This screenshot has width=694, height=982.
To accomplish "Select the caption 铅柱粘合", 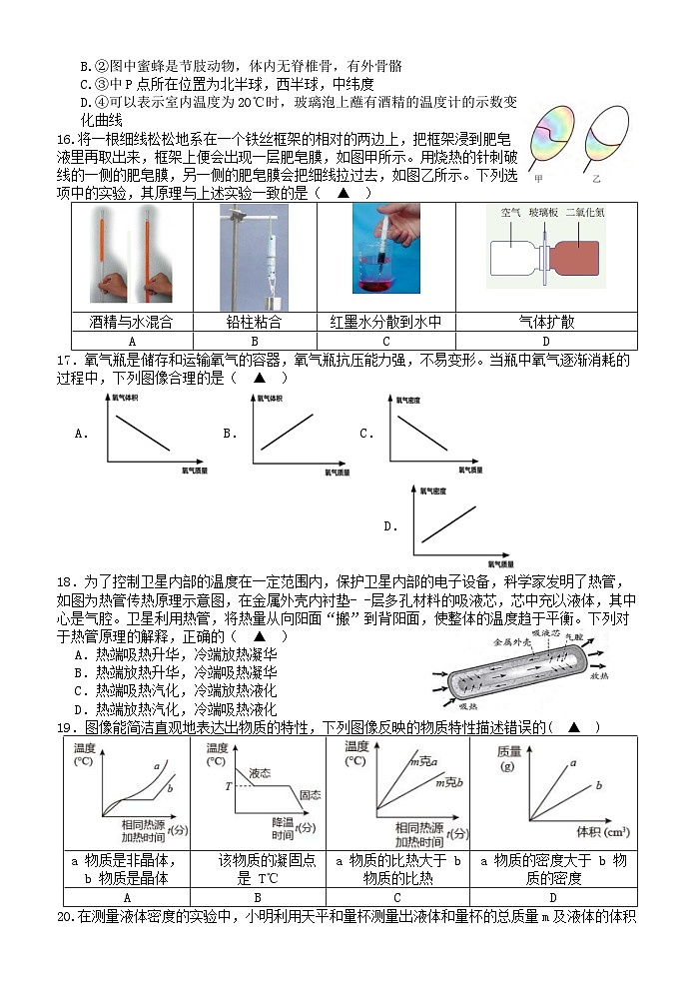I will point(255,322).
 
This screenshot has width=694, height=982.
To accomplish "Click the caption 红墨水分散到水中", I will point(385,322).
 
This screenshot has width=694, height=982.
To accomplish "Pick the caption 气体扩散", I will point(546,322).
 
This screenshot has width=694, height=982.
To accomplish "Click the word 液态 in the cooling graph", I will point(260,772).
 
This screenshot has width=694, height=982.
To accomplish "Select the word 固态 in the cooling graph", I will point(310,795).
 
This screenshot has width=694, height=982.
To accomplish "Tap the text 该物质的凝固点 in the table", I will point(259,860).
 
